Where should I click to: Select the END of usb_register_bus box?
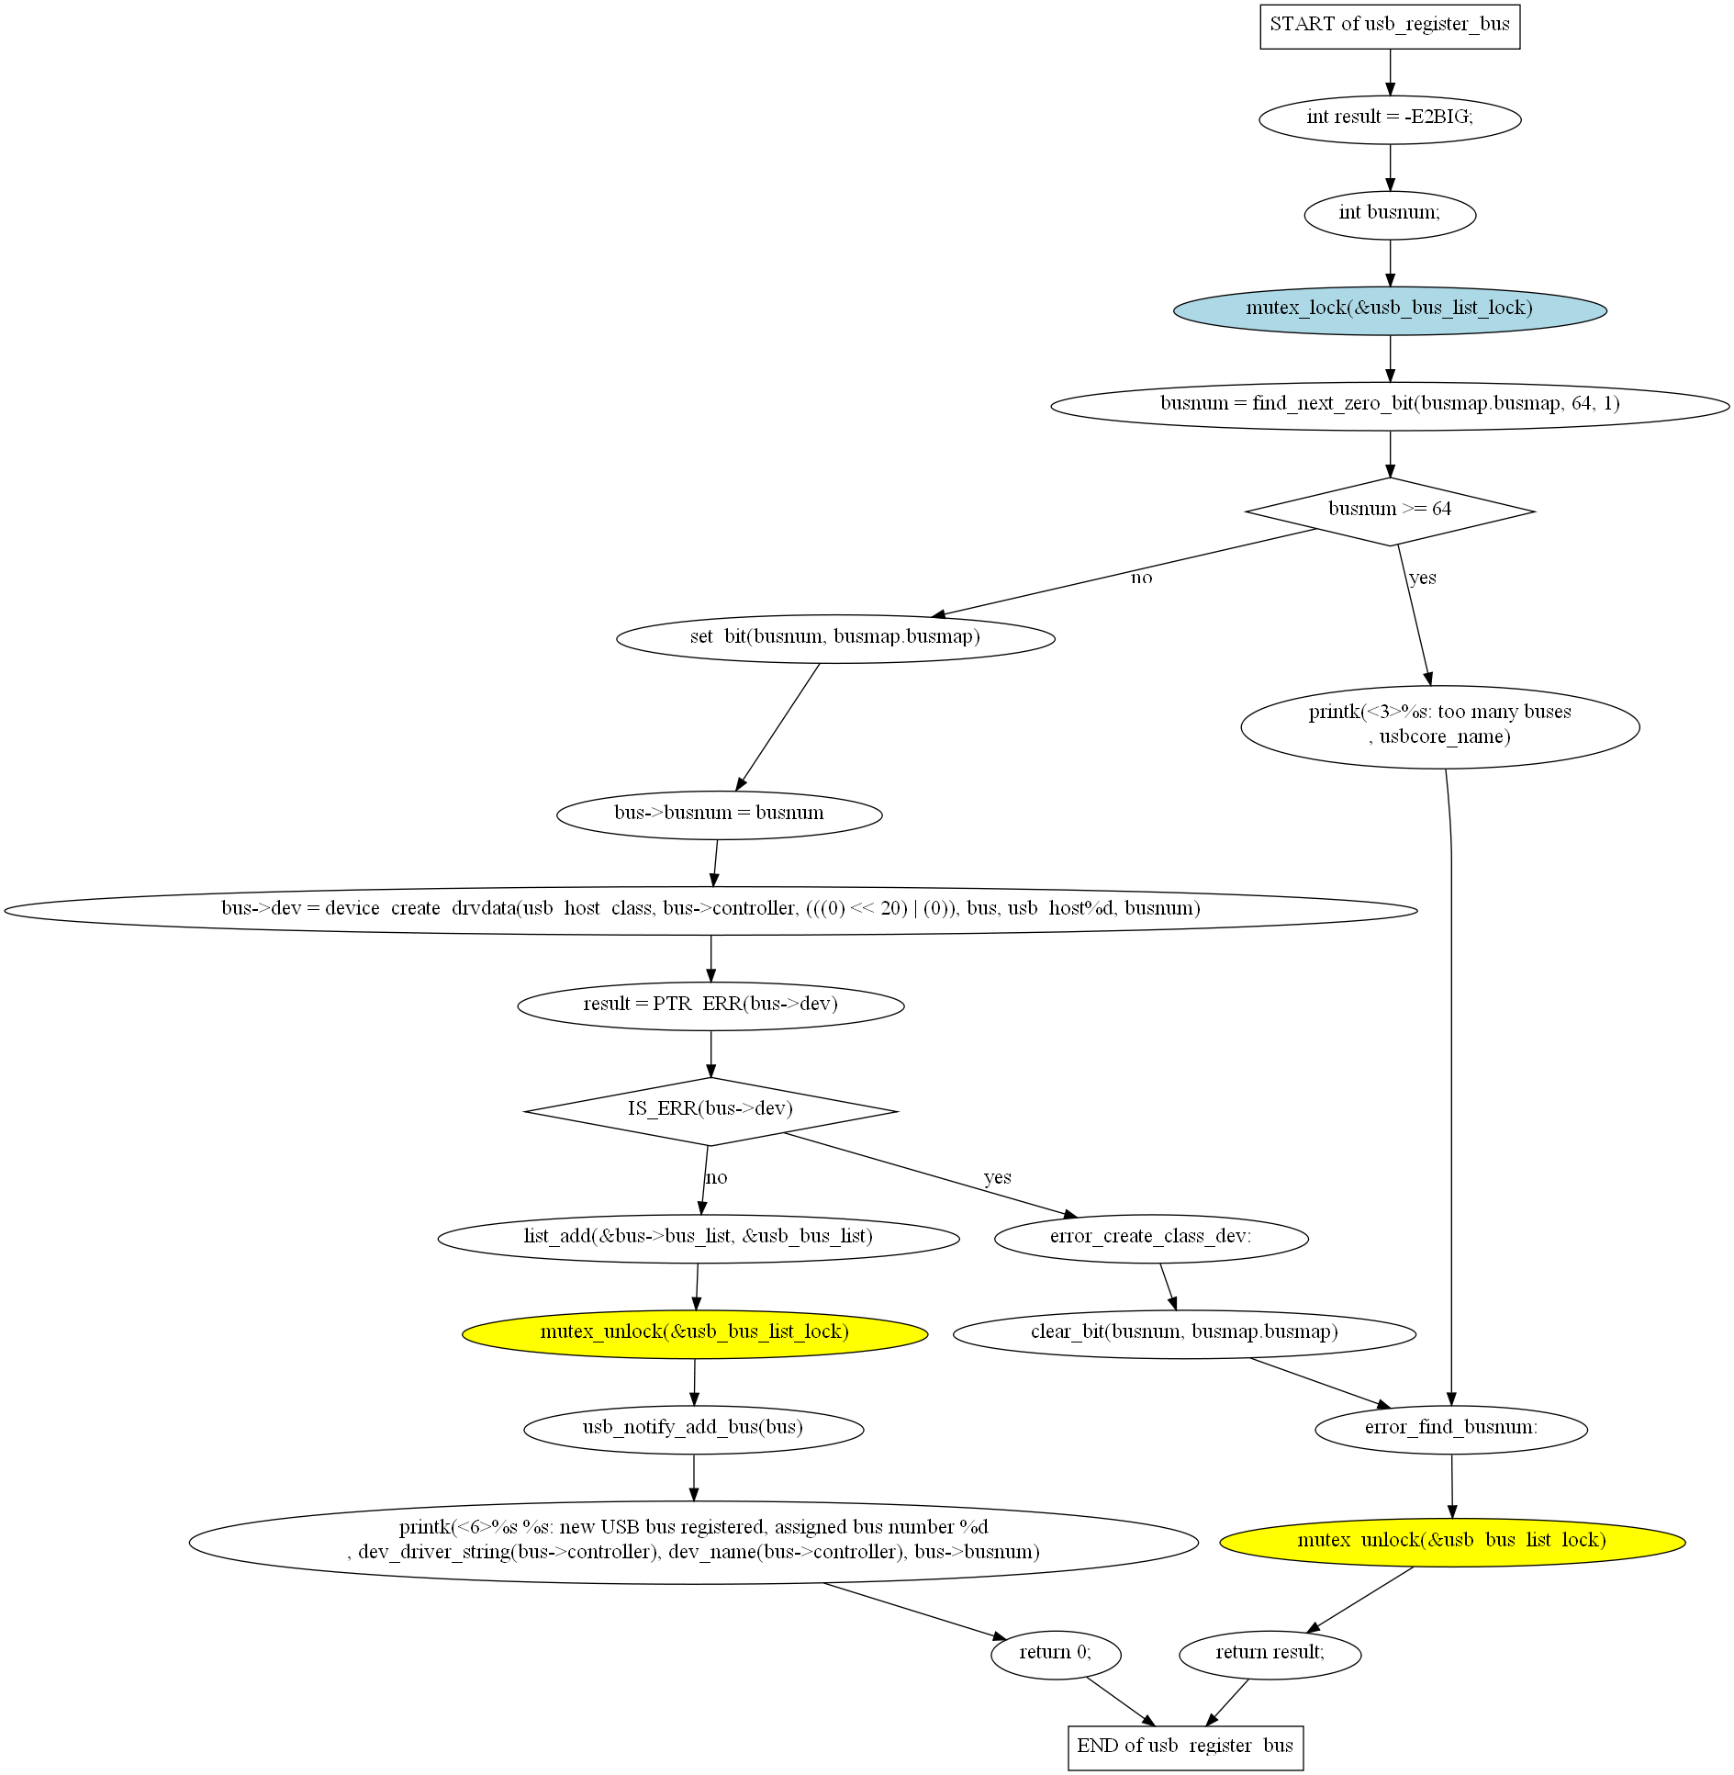click(x=1185, y=1747)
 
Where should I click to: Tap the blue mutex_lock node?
click(x=1390, y=309)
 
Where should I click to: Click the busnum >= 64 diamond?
click(x=1390, y=511)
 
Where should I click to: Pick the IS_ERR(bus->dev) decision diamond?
click(x=710, y=1111)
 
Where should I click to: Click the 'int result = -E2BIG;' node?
click(x=1390, y=118)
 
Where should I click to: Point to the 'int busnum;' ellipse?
click(x=1390, y=215)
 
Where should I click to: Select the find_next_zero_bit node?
click(x=1390, y=405)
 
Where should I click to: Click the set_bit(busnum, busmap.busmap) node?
click(x=835, y=638)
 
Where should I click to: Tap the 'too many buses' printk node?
click(x=1440, y=726)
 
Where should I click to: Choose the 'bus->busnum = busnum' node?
click(x=720, y=814)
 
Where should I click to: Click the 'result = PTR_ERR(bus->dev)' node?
click(x=710, y=1005)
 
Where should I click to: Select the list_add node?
click(x=699, y=1238)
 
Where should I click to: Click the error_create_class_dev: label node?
click(x=1151, y=1238)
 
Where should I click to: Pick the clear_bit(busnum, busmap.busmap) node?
click(x=1184, y=1333)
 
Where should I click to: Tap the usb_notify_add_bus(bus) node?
click(x=694, y=1429)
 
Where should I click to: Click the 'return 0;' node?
click(x=1056, y=1655)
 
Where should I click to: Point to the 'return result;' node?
click(x=1270, y=1655)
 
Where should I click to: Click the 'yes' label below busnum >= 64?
click(x=1423, y=578)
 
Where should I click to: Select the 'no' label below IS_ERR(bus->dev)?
click(x=716, y=1177)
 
